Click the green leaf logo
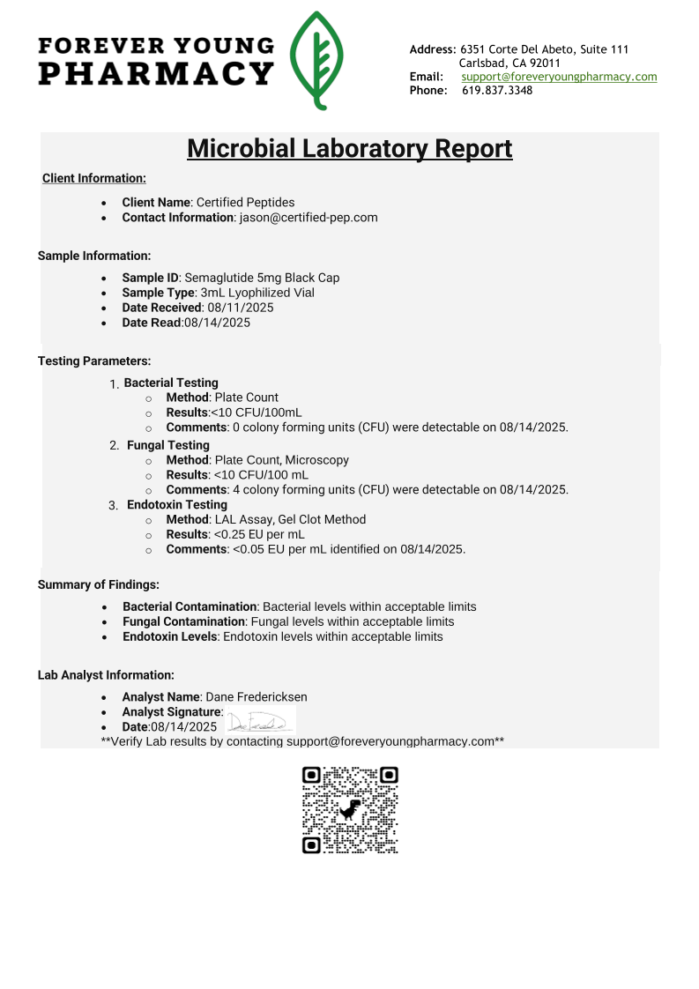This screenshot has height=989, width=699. [317, 60]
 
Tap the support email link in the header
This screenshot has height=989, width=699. [559, 77]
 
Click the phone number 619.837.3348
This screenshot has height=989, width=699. [497, 91]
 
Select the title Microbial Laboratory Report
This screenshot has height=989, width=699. [350, 148]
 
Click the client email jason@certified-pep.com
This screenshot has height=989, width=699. [309, 217]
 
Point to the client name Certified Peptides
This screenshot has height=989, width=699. [245, 203]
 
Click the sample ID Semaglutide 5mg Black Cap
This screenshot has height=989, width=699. [262, 278]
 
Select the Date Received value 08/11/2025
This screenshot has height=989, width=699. [241, 308]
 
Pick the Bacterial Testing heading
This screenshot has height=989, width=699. [171, 383]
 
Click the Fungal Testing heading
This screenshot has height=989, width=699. [168, 445]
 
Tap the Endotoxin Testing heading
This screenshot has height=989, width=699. [177, 505]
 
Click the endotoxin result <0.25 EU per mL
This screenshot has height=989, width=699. [259, 534]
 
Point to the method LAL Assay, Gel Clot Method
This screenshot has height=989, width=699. [290, 520]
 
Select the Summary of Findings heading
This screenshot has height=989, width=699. [98, 584]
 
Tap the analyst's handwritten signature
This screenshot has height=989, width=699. [259, 723]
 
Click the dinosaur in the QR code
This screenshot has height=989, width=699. [350, 809]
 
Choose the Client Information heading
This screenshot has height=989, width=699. [94, 179]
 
